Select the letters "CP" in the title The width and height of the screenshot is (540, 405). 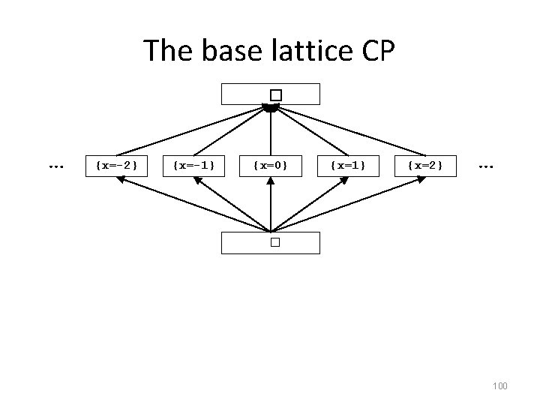click(x=377, y=51)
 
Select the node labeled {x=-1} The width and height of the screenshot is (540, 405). click(x=193, y=164)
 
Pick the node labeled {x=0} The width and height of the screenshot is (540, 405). click(x=271, y=164)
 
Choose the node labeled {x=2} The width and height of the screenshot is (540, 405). click(x=425, y=164)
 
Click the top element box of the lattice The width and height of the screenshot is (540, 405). click(x=271, y=94)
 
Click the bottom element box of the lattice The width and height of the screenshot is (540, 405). click(x=271, y=242)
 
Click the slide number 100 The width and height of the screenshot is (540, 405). click(x=499, y=385)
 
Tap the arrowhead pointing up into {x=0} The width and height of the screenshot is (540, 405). click(x=271, y=181)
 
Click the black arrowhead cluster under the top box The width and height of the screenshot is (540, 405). click(x=271, y=109)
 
